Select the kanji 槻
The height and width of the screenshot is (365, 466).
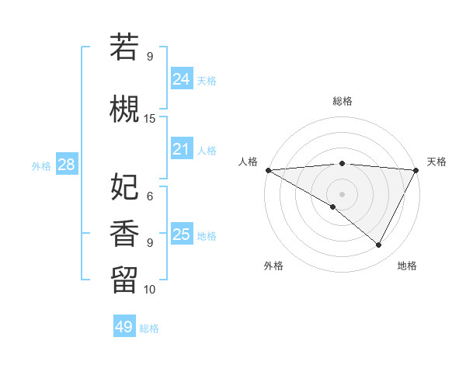[x=124, y=109]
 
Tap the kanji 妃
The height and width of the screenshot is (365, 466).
[x=124, y=187]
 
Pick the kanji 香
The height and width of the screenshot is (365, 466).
[x=124, y=234]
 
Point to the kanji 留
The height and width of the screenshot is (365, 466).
[x=124, y=280]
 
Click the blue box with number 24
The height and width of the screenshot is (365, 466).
[x=181, y=79]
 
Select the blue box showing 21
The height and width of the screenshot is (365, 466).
[x=181, y=149]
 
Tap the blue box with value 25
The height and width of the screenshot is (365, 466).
[x=181, y=235]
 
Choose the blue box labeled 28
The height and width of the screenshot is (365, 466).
[x=66, y=165]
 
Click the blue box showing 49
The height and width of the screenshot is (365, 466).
[x=124, y=327]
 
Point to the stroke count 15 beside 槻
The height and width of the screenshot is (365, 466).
[x=150, y=119]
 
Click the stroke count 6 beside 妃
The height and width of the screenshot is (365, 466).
[x=150, y=196]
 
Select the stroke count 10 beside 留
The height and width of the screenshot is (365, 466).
[x=150, y=289]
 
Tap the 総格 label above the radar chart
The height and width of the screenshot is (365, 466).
[x=342, y=101]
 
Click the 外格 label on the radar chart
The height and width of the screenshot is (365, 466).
[x=273, y=266]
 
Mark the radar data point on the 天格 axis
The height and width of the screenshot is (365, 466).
[x=416, y=169]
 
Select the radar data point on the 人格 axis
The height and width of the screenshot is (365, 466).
[x=268, y=169]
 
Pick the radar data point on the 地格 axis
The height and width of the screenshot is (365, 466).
[x=379, y=245]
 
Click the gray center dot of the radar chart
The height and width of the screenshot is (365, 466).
[x=342, y=193]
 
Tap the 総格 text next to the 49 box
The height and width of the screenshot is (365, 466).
[x=150, y=328]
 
